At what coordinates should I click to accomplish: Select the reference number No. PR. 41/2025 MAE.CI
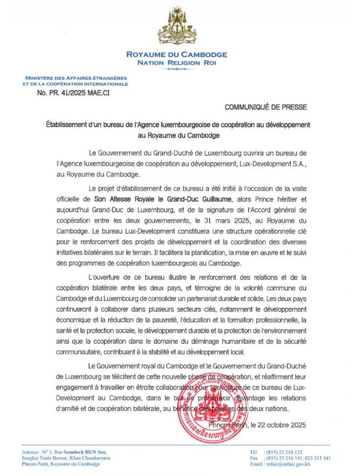click(x=70, y=92)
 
